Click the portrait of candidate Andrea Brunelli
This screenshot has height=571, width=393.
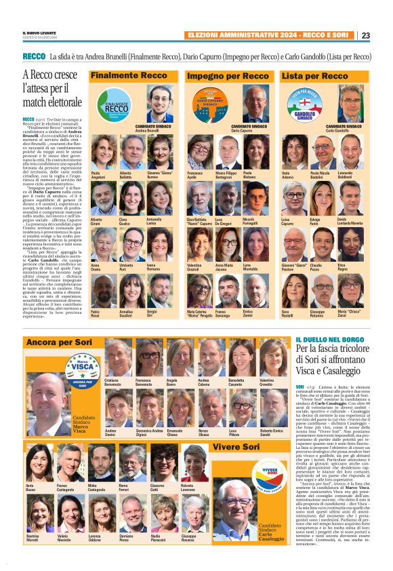(159, 103)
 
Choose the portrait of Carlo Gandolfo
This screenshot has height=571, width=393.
(350, 103)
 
